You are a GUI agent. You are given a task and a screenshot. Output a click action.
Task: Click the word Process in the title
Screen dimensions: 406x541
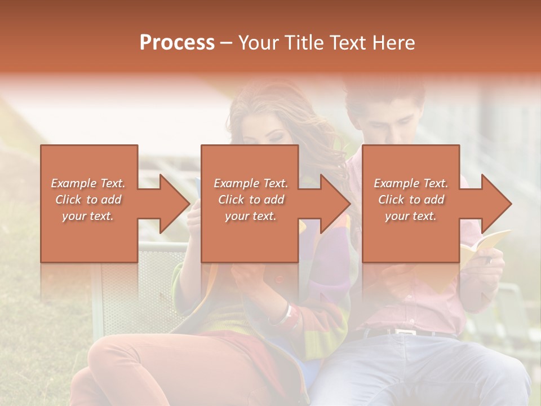tap(177, 43)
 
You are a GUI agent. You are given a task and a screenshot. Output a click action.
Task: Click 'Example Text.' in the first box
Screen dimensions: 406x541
tap(88, 183)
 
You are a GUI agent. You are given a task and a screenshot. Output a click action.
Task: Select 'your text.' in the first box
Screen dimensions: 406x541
tap(88, 216)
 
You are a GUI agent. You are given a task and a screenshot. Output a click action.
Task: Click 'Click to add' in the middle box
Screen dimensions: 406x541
tap(251, 200)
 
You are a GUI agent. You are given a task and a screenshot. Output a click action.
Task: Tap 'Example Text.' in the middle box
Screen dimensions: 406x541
tap(251, 183)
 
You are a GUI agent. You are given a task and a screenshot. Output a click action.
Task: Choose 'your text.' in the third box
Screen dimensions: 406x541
tap(411, 216)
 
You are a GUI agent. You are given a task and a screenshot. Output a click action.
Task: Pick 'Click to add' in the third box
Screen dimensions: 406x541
tap(411, 200)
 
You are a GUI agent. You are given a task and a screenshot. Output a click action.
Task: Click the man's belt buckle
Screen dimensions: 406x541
tap(404, 333)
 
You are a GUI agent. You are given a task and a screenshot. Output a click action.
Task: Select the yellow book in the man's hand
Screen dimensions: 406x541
tap(485, 242)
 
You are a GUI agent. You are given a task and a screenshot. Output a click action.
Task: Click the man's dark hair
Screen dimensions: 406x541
tap(383, 96)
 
